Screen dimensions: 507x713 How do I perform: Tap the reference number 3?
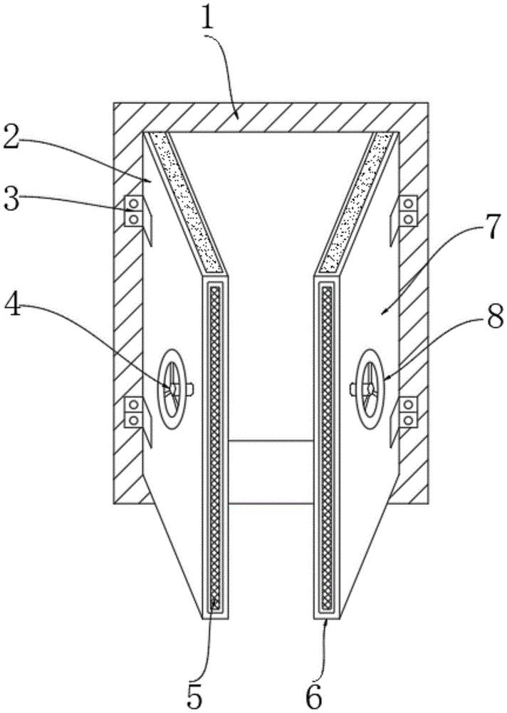click(12, 199)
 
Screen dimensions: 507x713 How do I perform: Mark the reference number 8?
click(495, 316)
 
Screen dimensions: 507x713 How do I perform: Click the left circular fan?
click(172, 389)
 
